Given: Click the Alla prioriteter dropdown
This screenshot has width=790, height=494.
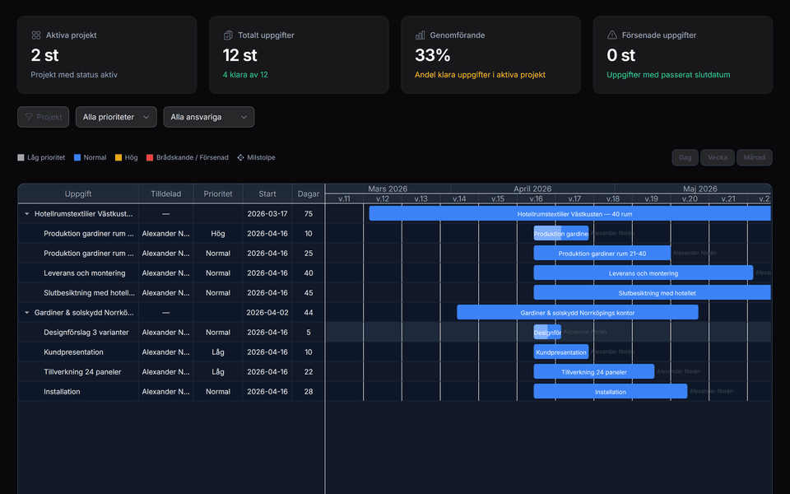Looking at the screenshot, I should pos(116,117).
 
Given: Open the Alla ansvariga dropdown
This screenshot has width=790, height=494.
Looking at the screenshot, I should pos(209,117).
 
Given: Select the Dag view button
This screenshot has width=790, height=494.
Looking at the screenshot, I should pos(684,157).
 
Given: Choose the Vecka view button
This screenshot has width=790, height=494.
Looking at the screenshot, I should pos(717,157).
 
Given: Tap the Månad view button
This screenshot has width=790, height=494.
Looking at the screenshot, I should pos(754,157).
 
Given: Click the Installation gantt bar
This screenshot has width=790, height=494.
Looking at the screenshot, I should pos(610,392).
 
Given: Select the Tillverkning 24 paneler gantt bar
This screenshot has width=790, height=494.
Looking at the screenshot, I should pos(593,372).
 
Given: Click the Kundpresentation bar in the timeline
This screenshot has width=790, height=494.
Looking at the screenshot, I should pos(561,352).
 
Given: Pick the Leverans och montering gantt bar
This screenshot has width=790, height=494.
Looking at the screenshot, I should pos(643,273).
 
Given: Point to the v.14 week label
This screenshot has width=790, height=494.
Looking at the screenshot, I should pos(459,198).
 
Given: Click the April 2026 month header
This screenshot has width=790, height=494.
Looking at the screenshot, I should pos(532,189).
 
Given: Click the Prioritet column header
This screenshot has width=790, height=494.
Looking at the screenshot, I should pos(218,193).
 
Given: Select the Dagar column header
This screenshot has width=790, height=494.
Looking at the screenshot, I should pos(309,193).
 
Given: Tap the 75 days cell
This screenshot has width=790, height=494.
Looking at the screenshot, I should pos(309,214).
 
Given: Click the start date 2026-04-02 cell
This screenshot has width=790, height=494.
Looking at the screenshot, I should pos(267,313).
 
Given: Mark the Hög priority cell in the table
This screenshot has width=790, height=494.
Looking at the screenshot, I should pos(218,234).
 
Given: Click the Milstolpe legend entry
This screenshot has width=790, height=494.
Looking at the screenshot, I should pos(257,157).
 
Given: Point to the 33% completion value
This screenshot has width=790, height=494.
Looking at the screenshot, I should pos(432,55).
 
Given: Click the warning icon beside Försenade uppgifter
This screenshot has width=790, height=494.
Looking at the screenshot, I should pos(611,35).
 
